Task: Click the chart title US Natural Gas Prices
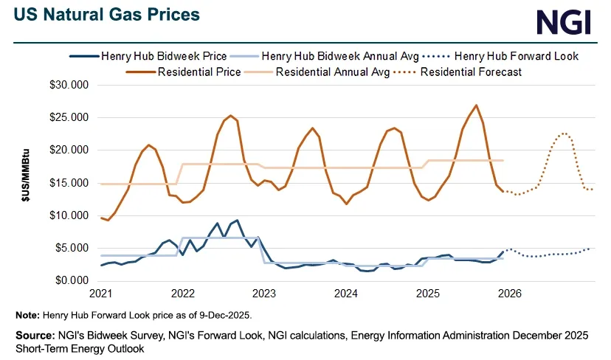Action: coord(105,15)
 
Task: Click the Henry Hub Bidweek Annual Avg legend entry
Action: coord(340,55)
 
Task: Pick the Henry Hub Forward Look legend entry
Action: coord(517,55)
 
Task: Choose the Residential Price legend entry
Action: coord(200,72)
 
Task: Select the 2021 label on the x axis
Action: coord(101,294)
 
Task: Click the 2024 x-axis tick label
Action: coord(346,294)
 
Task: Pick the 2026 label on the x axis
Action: coord(509,294)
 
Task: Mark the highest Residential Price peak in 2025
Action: coord(476,105)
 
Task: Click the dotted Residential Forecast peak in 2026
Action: coord(564,134)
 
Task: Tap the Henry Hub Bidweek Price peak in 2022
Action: coord(237,220)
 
